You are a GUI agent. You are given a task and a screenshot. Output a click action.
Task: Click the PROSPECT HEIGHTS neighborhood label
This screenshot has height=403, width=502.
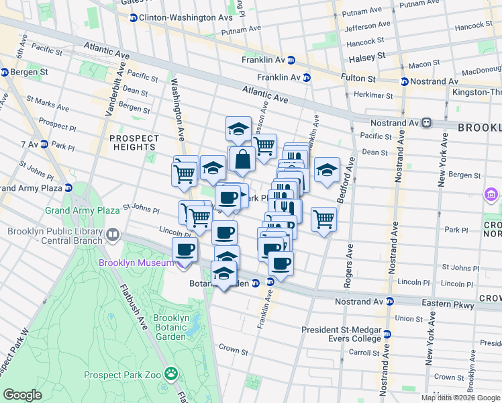tap(134, 144)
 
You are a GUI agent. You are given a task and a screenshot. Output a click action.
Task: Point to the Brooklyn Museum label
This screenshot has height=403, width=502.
tap(136, 263)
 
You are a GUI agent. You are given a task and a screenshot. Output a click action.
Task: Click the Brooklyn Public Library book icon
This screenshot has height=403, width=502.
tap(112, 235)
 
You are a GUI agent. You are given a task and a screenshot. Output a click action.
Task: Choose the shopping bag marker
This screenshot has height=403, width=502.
tap(243, 160)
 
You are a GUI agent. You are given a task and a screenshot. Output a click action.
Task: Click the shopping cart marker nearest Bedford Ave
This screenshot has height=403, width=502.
tap(323, 218)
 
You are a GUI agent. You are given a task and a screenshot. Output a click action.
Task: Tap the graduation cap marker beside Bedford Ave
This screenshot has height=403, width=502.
tap(327, 169)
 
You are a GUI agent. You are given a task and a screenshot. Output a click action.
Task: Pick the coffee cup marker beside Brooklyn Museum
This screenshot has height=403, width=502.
tap(185, 250)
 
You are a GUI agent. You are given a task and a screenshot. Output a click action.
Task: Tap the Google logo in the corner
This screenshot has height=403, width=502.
tap(23, 395)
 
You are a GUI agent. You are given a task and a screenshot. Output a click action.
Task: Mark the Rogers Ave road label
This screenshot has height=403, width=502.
tap(348, 265)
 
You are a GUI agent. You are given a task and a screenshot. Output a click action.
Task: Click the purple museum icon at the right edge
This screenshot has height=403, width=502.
tap(491, 195)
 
